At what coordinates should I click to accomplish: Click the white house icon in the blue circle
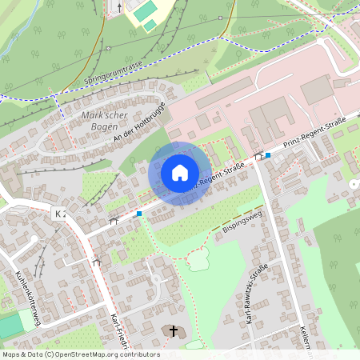[180, 172]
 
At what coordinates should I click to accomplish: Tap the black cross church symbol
[172, 330]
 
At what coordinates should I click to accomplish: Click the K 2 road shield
[59, 214]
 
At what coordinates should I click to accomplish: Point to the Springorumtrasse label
[113, 71]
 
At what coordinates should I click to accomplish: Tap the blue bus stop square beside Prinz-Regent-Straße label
[268, 155]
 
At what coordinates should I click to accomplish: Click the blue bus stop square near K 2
[139, 214]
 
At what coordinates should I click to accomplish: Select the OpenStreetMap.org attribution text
[114, 354]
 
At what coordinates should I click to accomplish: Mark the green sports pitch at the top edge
[144, 13]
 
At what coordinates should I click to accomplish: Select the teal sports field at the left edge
[10, 325]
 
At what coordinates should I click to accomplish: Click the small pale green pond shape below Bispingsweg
[198, 258]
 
